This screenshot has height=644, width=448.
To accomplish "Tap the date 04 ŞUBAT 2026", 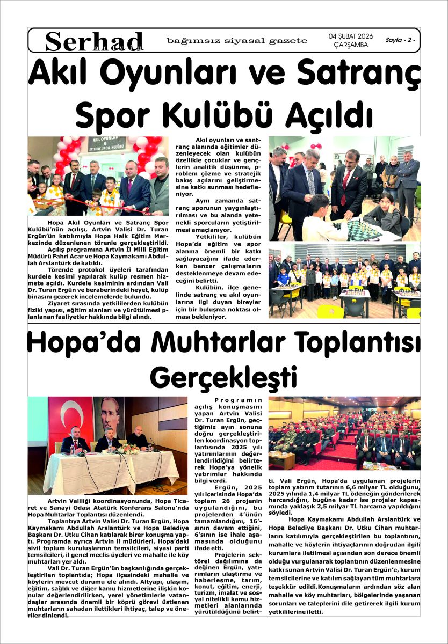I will pyautogui.click(x=350, y=36).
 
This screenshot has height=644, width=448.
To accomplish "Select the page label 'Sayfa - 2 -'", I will pyautogui.click(x=400, y=40).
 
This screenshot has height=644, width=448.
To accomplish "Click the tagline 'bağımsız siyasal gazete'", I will pyautogui.click(x=237, y=40).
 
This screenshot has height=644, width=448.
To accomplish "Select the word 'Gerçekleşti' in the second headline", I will pyautogui.click(x=223, y=377).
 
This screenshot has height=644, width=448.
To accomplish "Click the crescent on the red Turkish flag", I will pyautogui.click(x=65, y=417).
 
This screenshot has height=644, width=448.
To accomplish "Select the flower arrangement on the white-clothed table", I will pyautogui.click(x=129, y=448).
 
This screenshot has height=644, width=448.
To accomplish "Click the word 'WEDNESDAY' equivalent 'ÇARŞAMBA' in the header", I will pyautogui.click(x=350, y=45).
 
